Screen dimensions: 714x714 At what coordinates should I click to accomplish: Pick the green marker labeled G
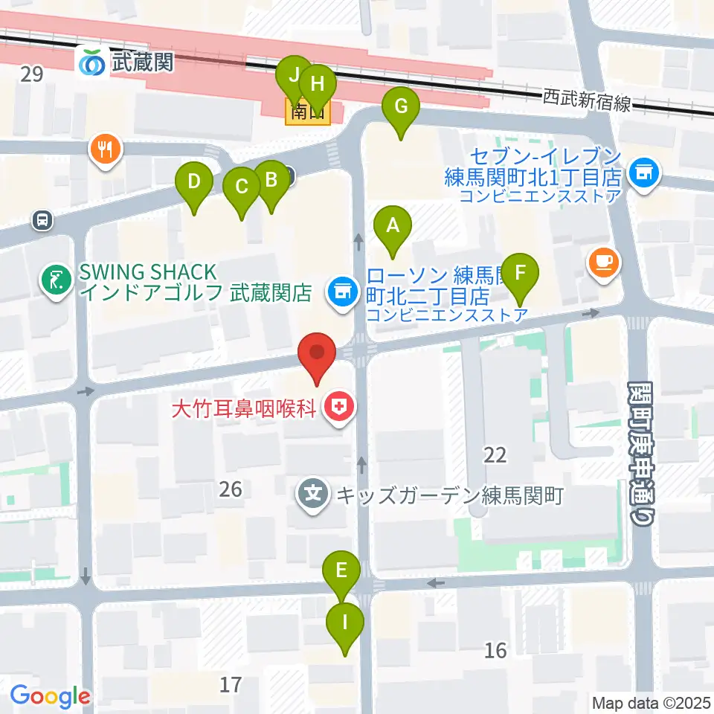[401, 106]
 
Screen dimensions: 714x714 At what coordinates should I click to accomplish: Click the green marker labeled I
[344, 620]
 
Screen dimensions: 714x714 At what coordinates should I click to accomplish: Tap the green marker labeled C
[241, 187]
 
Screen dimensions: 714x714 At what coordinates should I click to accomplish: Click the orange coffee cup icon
[603, 262]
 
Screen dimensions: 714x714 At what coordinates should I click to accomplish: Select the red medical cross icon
[341, 408]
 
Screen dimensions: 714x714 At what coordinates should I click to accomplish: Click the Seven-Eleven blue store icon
[642, 173]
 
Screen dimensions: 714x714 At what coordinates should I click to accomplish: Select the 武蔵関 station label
[141, 62]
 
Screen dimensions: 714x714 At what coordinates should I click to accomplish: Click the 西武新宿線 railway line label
[586, 100]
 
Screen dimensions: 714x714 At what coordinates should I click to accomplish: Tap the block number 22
[495, 455]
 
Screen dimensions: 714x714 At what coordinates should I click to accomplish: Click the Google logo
[50, 696]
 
